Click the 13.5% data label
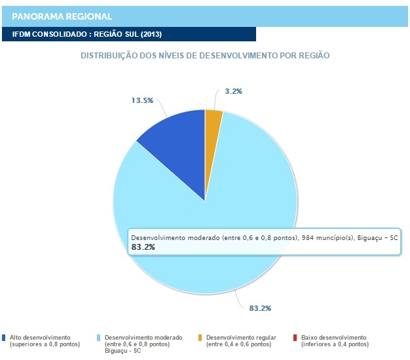click(142, 100)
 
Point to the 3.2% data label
click(233, 91)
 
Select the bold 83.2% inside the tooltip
click(143, 247)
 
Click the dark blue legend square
click(5, 338)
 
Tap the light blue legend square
click(99, 338)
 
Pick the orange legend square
click(200, 338)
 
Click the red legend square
click(295, 338)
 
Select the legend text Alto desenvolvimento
click(40, 337)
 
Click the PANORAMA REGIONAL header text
click(62, 16)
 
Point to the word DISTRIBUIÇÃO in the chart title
click(107, 56)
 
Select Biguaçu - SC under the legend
click(122, 351)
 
